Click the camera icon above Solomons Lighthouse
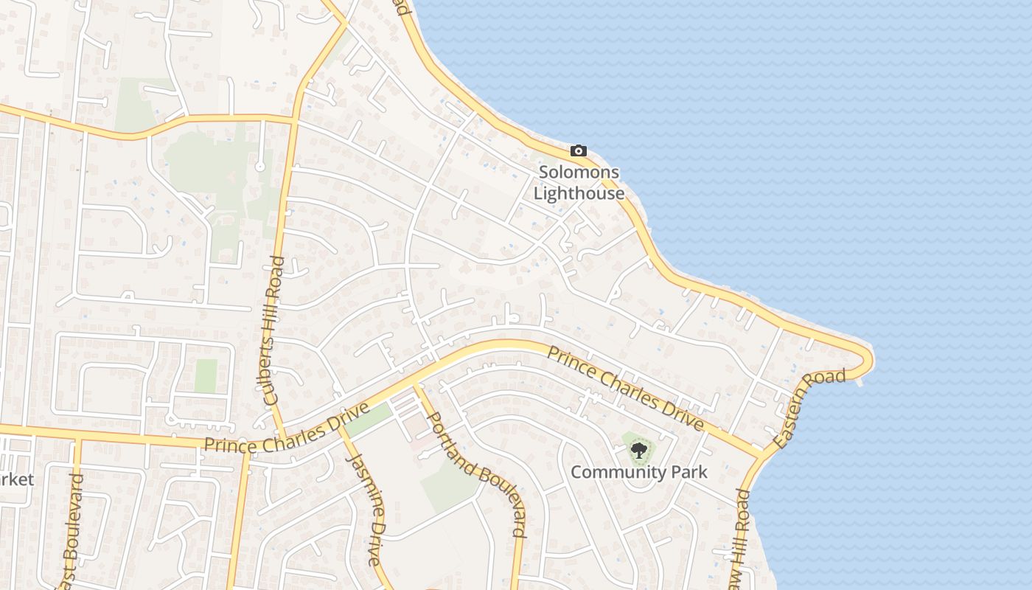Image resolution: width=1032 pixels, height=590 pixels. [x=579, y=151]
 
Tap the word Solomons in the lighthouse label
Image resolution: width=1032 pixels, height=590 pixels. [x=579, y=173]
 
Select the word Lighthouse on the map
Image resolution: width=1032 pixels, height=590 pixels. [x=579, y=194]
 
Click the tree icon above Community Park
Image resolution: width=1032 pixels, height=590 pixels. [x=639, y=450]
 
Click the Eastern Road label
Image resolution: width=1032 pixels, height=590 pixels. [x=809, y=409]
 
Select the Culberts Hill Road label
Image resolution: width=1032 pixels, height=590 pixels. [x=273, y=330]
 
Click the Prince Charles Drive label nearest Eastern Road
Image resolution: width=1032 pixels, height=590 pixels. [x=624, y=387]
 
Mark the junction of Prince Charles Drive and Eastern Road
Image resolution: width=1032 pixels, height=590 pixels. [x=761, y=451]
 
